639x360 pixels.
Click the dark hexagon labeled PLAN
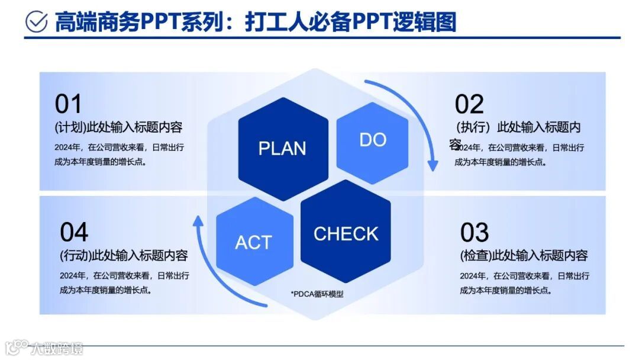pyautogui.click(x=282, y=148)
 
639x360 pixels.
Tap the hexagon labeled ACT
pyautogui.click(x=254, y=242)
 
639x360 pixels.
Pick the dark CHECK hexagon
pyautogui.click(x=346, y=233)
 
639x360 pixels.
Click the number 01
pyautogui.click(x=68, y=104)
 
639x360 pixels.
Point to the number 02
pyautogui.click(x=469, y=104)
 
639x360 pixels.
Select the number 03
pyautogui.click(x=475, y=233)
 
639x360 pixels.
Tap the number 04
pyautogui.click(x=74, y=232)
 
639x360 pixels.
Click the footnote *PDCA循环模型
pyautogui.click(x=317, y=294)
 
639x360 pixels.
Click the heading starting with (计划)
pyautogui.click(x=118, y=127)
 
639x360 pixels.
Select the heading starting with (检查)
pyautogui.click(x=524, y=256)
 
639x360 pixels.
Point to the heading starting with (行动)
pyautogui.click(x=124, y=256)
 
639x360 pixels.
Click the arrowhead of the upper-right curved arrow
pyautogui.click(x=433, y=164)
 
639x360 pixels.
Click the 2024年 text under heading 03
pyautogui.click(x=473, y=276)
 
